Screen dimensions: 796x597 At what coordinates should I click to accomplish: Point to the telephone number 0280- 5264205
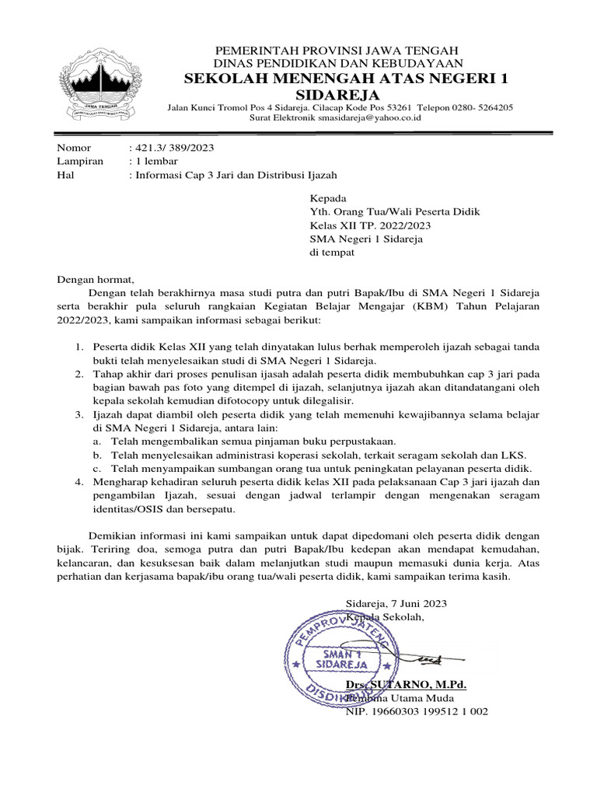click(x=483, y=107)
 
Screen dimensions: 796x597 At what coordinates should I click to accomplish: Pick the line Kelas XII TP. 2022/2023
click(x=370, y=225)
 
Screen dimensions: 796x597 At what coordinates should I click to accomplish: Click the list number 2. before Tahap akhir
click(x=79, y=374)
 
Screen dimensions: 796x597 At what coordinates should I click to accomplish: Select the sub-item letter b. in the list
click(x=97, y=455)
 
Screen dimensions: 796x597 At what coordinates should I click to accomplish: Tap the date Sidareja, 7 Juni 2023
click(x=396, y=603)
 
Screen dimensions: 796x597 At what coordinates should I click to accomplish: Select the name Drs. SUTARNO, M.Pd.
click(x=406, y=684)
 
